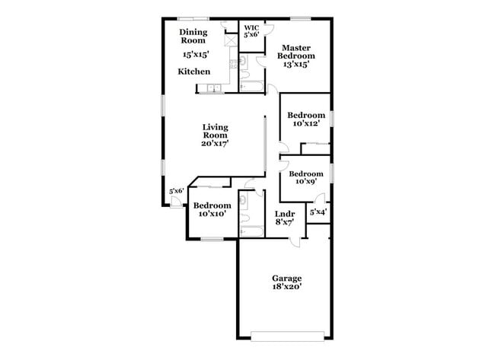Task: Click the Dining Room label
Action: point(194,37)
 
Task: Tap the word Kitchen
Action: point(194,72)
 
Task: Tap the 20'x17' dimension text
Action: point(216,142)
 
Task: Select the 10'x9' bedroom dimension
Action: point(305,181)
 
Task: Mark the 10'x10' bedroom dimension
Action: point(212,215)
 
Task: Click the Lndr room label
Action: point(284,214)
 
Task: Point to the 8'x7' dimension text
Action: point(284,223)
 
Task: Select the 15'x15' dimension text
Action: point(196,55)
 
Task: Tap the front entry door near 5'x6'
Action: point(176,201)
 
